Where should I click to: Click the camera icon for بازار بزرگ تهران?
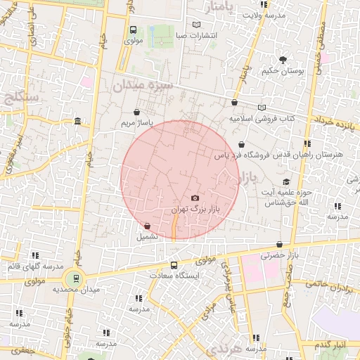pos(195,199)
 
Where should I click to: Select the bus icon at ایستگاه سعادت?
pos(174,265)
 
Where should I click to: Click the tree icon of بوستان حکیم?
pos(283,59)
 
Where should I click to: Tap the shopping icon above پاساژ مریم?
pos(136,111)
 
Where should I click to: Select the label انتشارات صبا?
pos(198,35)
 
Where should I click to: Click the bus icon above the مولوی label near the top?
pos(133,30)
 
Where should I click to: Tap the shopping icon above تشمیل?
pos(147,226)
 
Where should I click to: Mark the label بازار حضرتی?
pos(281,255)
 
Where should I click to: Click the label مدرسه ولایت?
pos(263,15)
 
